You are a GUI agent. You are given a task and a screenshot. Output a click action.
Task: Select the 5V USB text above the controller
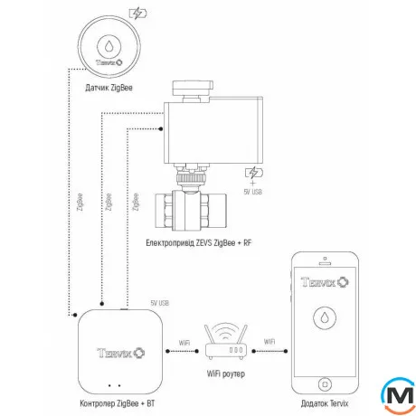point(158,304)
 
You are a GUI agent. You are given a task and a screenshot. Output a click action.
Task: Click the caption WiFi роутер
point(225,373)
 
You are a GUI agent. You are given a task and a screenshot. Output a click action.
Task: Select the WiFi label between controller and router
point(184,343)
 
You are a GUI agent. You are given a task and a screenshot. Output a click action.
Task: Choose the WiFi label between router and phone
point(269,343)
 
